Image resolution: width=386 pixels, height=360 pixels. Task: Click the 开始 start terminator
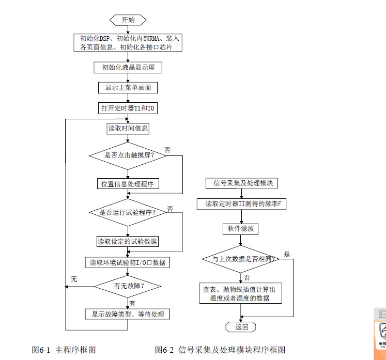point(128,20)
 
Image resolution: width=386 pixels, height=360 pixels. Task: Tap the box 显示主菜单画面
point(128,88)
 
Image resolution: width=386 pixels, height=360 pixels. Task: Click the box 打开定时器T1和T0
point(128,107)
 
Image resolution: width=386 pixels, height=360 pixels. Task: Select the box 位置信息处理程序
point(128,184)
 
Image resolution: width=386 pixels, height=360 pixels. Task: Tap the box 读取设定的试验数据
point(128,241)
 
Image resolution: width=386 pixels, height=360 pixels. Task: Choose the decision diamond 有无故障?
point(128,285)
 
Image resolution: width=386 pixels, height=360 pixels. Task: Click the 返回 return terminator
point(241,326)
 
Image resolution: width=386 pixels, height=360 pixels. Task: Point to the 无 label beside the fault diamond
point(74,279)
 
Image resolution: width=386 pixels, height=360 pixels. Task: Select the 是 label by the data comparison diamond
point(287,254)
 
